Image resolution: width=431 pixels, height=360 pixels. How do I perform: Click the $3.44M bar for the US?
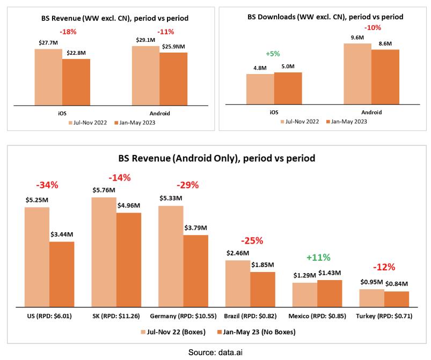(62, 274)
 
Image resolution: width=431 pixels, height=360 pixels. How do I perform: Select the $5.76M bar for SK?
(104, 252)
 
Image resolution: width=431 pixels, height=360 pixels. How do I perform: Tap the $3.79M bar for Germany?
(196, 271)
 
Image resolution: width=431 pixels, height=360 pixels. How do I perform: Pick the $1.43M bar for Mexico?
(330, 293)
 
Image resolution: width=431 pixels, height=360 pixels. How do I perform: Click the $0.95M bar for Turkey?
(371, 298)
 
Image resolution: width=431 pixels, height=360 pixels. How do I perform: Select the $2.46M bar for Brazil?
(238, 284)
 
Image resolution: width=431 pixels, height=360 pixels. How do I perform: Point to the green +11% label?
(318, 258)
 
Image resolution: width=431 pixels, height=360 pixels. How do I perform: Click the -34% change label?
(47, 185)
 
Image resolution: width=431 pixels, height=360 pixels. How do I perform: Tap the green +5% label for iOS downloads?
(273, 54)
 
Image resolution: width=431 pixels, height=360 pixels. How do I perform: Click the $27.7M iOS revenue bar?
(48, 77)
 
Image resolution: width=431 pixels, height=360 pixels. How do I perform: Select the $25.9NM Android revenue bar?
(173, 79)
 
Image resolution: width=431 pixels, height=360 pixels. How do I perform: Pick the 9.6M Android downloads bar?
(357, 74)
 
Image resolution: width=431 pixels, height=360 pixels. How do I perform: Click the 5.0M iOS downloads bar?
(288, 89)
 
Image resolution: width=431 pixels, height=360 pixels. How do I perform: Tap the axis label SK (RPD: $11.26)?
(116, 316)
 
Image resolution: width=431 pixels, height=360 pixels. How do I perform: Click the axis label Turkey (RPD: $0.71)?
(384, 316)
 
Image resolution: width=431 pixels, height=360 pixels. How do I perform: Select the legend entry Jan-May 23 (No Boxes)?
(256, 332)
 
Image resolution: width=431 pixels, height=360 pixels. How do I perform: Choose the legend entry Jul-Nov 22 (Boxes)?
(173, 332)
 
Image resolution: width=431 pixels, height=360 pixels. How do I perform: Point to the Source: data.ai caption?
(216, 352)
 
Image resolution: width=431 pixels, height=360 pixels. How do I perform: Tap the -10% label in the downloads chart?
(372, 28)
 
